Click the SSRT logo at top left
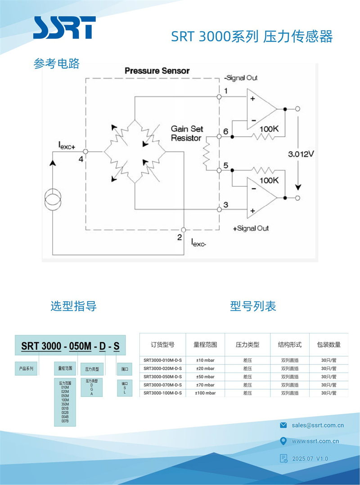64,27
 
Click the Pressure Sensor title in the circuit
157,71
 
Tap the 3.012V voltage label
301,154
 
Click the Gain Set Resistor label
186,133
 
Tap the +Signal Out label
251,228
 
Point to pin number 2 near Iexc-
180,237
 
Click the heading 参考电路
57,63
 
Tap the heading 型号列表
253,306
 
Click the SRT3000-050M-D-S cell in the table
162,377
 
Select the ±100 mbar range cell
205,393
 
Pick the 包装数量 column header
328,345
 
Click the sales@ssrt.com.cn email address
318,425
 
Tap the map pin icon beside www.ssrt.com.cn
283,441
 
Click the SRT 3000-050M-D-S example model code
71,346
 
